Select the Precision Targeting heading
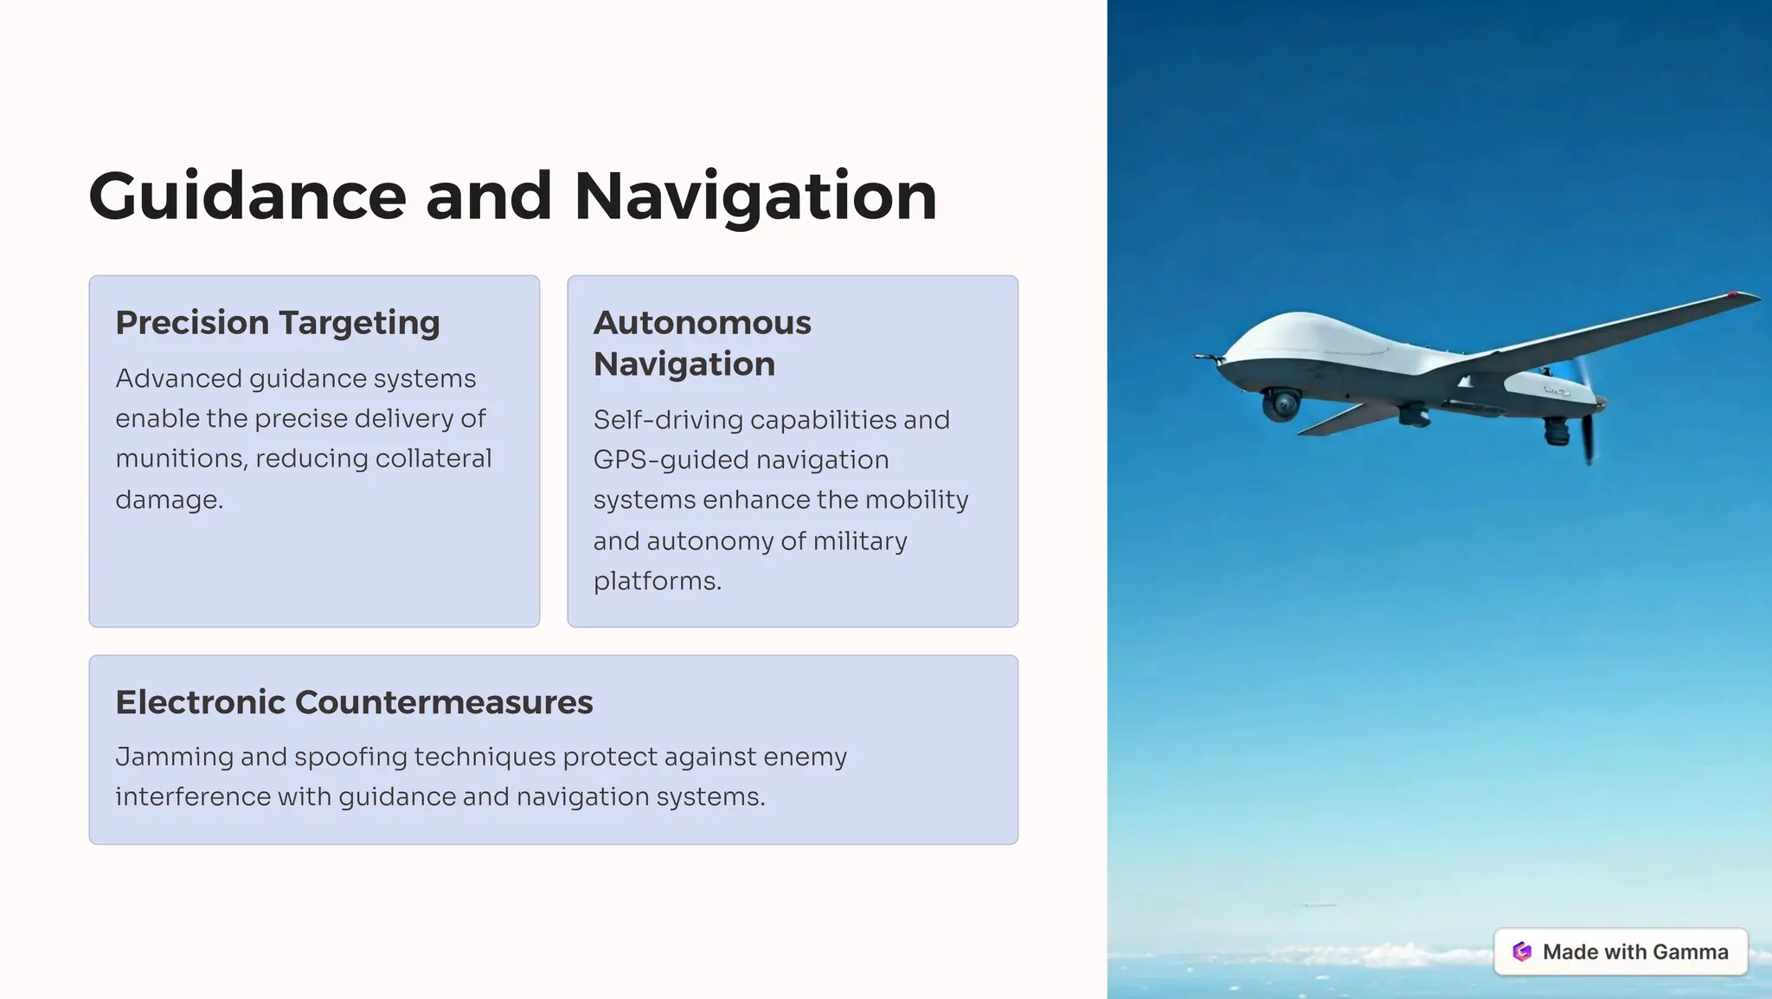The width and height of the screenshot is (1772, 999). pyautogui.click(x=278, y=322)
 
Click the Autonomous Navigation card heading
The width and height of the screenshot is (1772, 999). pyautogui.click(x=702, y=343)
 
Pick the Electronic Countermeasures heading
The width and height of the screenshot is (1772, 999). pyautogui.click(x=354, y=702)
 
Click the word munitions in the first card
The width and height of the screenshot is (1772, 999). pyautogui.click(x=181, y=458)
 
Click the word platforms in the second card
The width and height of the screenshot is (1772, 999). pyautogui.click(x=655, y=581)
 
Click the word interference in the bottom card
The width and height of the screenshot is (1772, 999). pyautogui.click(x=192, y=796)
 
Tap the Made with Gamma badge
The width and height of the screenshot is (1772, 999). pyautogui.click(x=1620, y=951)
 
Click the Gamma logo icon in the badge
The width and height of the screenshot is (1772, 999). pyautogui.click(x=1522, y=951)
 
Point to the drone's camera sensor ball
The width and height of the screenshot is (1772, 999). pyautogui.click(x=1281, y=404)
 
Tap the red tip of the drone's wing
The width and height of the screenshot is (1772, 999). pyautogui.click(x=1733, y=295)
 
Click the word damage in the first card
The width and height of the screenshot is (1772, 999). pyautogui.click(x=168, y=499)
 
